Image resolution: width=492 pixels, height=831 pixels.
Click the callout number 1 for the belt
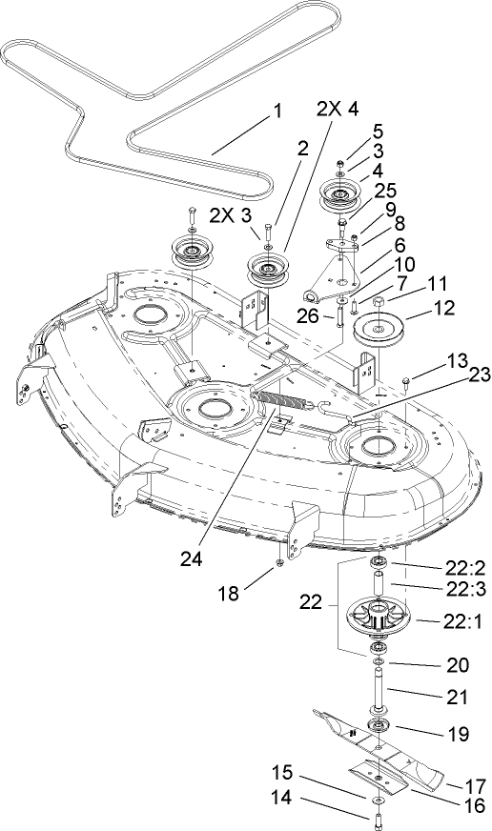(x=277, y=111)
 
